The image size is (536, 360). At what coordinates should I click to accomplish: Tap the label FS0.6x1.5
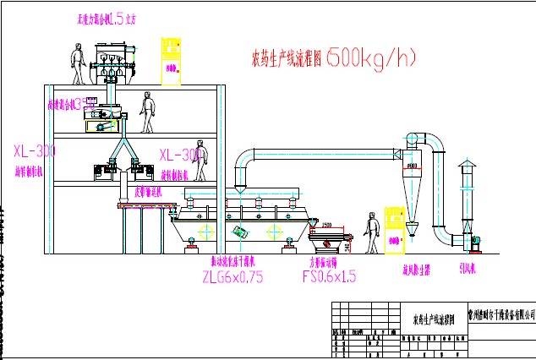[x=327, y=275]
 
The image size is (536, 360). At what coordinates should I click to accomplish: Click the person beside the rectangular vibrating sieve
[x=370, y=234]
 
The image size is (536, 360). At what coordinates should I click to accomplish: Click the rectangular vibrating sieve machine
[x=328, y=240]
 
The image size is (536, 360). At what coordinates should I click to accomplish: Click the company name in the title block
[x=501, y=314]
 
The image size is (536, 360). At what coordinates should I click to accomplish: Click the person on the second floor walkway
[x=150, y=114]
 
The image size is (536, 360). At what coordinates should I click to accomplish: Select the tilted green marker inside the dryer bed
[x=243, y=230]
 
